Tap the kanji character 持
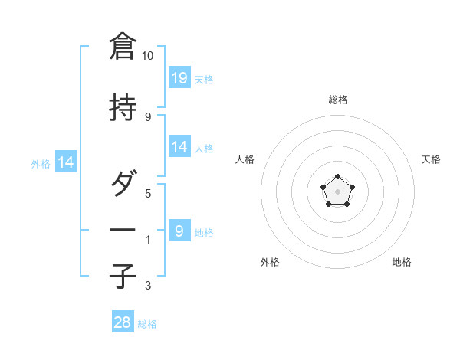[123, 108]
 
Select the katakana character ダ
[123, 185]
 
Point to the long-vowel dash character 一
[123, 231]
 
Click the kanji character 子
[123, 276]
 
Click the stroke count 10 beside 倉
[148, 56]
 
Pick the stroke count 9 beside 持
[148, 116]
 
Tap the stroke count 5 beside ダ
[148, 194]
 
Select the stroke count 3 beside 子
[148, 286]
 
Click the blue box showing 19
[179, 77]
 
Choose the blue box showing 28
[123, 322]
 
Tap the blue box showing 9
[179, 231]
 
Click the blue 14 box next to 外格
[65, 162]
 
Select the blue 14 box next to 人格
[179, 147]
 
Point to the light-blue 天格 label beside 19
[204, 79]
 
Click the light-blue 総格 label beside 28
[147, 324]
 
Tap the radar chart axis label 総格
[338, 100]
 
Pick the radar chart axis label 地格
[402, 262]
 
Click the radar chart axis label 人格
[245, 159]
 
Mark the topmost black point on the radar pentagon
[338, 177]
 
